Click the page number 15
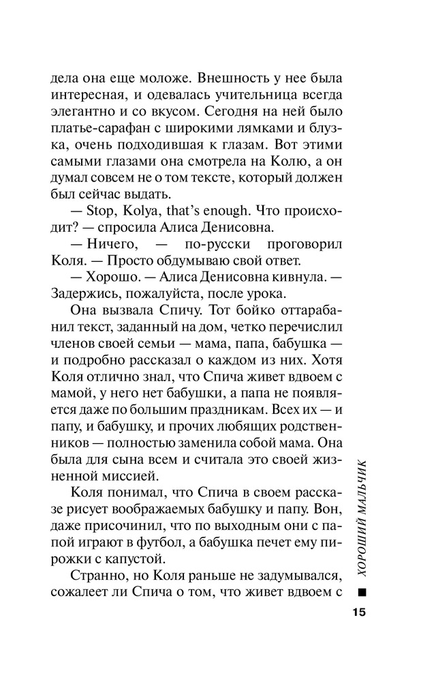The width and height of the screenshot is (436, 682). click(x=360, y=611)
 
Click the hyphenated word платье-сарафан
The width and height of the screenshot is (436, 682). click(x=103, y=128)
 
